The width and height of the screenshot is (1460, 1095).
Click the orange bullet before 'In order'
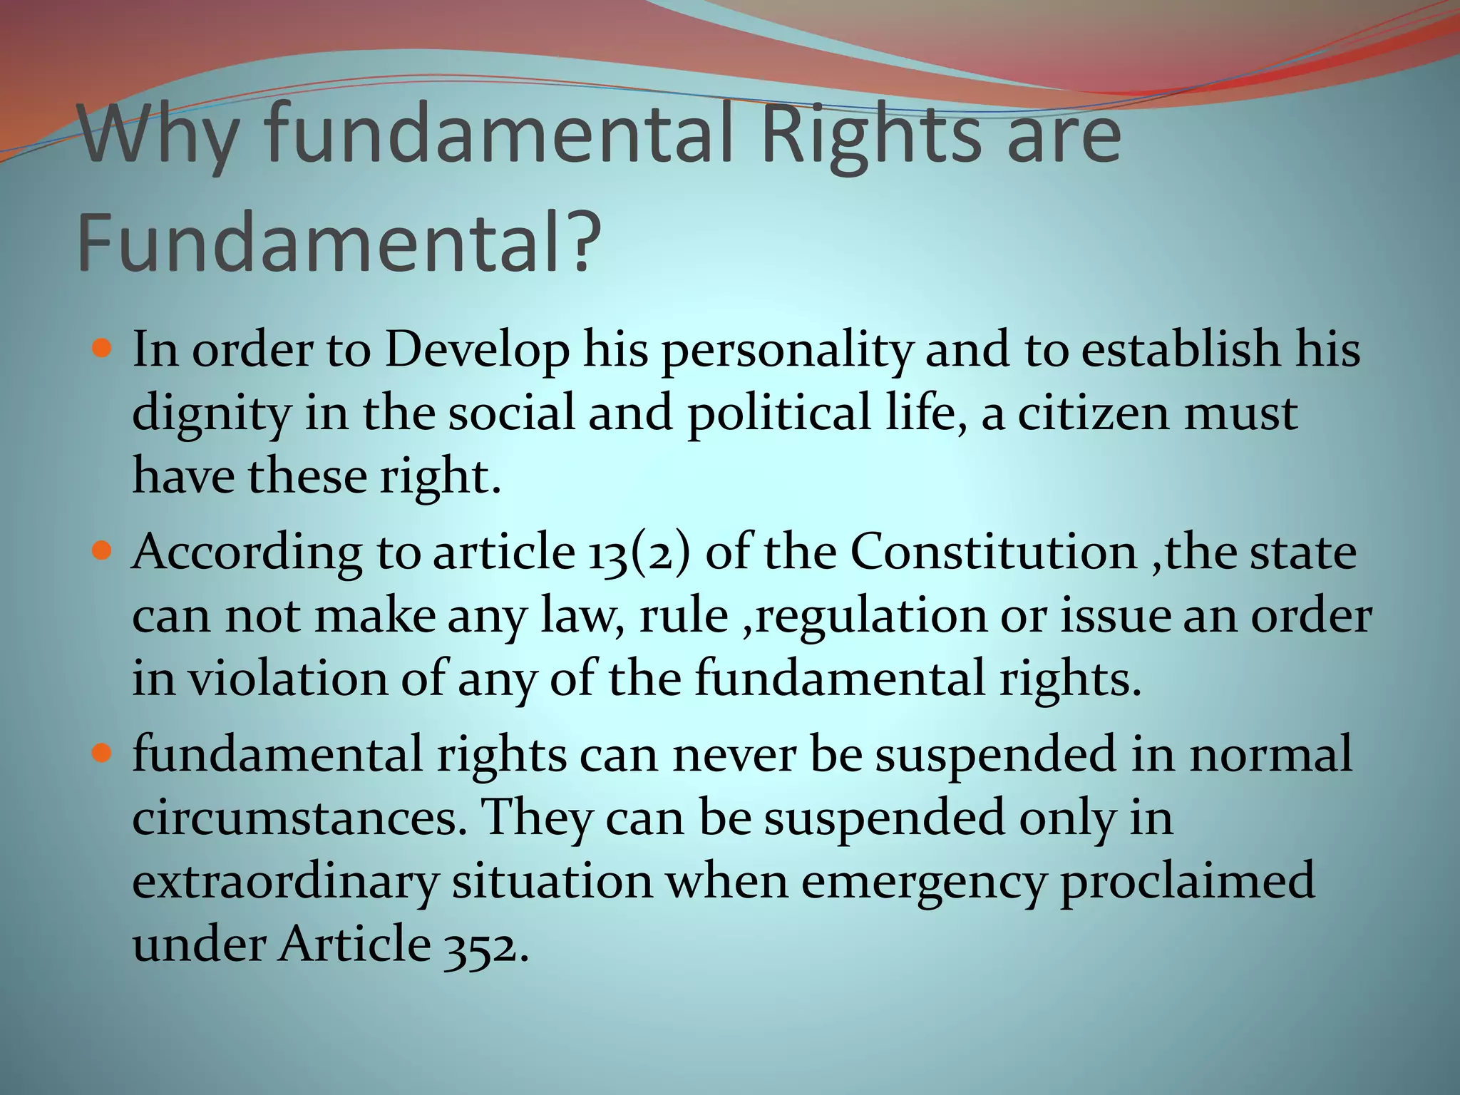[x=103, y=349]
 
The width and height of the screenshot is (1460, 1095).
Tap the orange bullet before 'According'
[x=103, y=551]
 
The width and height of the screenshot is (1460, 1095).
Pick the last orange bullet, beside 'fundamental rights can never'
[x=103, y=754]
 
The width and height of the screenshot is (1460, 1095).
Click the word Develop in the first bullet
[x=478, y=351]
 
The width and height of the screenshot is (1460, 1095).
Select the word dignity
[x=211, y=413]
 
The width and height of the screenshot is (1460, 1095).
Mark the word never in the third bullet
[x=734, y=755]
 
